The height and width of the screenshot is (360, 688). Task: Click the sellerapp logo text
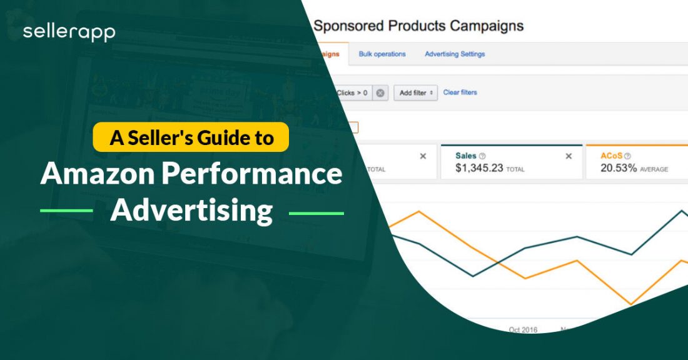69,32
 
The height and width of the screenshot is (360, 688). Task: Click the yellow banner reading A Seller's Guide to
191,137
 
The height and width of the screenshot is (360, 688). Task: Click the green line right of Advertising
316,213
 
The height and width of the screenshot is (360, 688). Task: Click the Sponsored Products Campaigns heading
418,26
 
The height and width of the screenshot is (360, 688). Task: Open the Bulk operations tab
382,54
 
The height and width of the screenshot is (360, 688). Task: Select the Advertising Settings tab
455,54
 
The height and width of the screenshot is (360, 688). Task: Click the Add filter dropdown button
415,93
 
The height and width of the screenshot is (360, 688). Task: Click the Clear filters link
460,92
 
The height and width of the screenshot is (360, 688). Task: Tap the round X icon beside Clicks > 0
380,93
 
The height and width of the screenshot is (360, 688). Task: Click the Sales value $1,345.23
479,169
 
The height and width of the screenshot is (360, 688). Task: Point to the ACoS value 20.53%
619,169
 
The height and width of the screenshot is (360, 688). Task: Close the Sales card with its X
569,156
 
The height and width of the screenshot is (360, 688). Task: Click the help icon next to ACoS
627,156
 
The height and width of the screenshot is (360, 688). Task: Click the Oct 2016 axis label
522,329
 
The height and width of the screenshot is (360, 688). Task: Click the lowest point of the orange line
632,304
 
